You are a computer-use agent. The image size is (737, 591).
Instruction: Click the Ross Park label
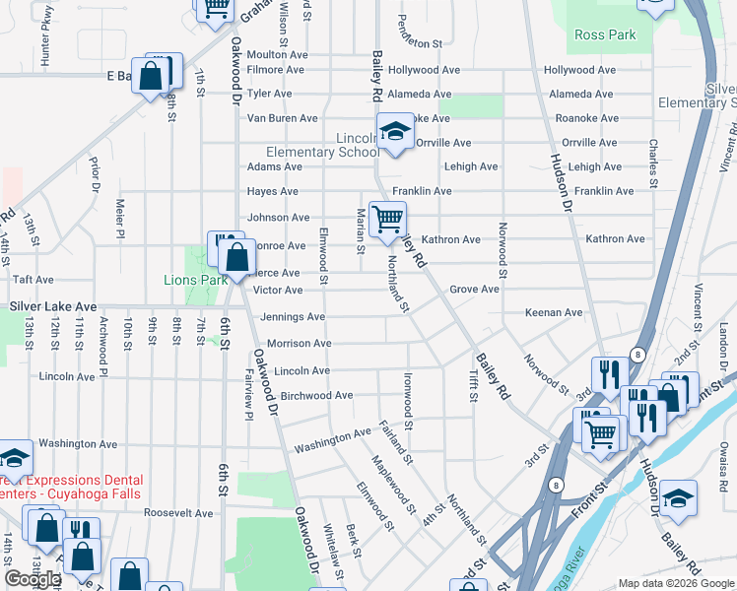pos(605,34)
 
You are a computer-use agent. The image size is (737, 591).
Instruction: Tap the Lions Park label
pos(195,280)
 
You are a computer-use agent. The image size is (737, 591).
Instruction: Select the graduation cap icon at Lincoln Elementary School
pos(395,132)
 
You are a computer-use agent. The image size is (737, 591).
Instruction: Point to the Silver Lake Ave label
pos(53,307)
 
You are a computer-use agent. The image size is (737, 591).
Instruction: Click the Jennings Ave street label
pos(293,317)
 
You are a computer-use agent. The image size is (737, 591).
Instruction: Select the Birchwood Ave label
pos(316,396)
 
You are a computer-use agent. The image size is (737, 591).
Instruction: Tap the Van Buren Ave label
pos(282,118)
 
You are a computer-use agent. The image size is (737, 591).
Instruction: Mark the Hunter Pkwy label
pos(46,50)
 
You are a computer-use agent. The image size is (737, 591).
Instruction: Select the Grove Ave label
pos(474,290)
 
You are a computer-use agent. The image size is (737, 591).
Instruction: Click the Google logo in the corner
pos(33,579)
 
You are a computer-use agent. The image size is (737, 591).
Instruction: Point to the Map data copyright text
pos(675,583)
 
